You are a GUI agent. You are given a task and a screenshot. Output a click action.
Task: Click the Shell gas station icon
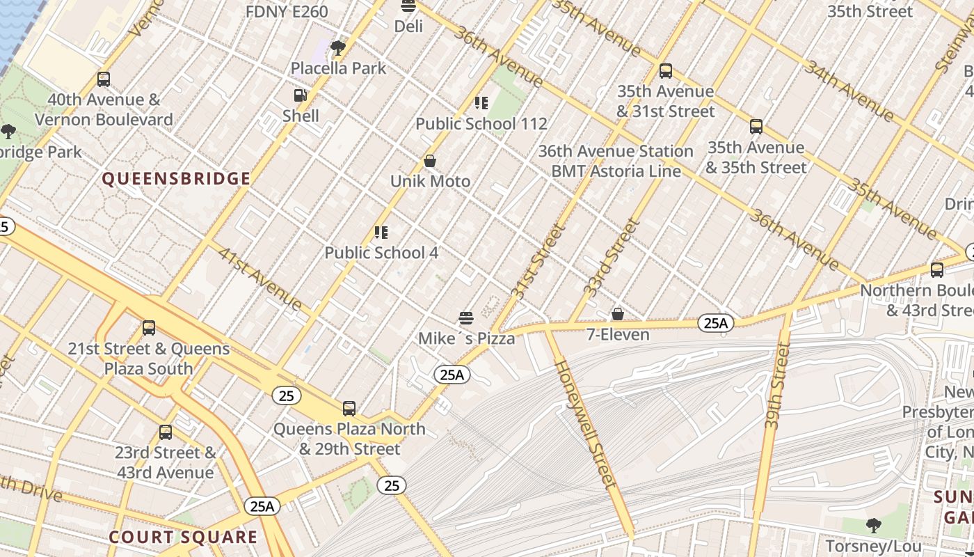[301, 95]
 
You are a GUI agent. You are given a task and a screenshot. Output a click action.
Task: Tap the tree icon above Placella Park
[338, 48]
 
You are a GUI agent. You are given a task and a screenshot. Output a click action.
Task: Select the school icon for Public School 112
[481, 103]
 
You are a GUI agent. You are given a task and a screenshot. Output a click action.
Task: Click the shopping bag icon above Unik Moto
[430, 161]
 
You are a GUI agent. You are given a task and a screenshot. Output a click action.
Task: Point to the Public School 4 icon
[381, 232]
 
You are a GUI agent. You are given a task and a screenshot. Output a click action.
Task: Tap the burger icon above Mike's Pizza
[466, 318]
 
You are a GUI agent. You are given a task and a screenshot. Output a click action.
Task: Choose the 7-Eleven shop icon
[617, 315]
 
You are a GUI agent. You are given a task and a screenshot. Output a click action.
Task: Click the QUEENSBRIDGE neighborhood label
[176, 179]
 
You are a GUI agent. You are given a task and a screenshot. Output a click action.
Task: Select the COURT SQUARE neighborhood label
[183, 537]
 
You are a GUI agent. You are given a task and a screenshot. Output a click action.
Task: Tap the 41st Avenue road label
[260, 278]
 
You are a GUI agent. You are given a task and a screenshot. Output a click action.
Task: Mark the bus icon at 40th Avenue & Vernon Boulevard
[104, 79]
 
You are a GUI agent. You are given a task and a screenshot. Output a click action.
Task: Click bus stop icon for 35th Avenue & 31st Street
[666, 71]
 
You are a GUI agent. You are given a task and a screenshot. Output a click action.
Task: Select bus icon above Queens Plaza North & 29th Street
[349, 409]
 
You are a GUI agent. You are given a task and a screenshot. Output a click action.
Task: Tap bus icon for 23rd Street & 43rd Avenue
[166, 432]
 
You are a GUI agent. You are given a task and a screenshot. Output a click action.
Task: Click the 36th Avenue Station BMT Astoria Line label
[616, 161]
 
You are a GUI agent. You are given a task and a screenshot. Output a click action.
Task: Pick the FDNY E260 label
[287, 11]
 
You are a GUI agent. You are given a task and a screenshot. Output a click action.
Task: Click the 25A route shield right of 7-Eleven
[715, 323]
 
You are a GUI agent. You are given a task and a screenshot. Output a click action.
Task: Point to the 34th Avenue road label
[848, 90]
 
